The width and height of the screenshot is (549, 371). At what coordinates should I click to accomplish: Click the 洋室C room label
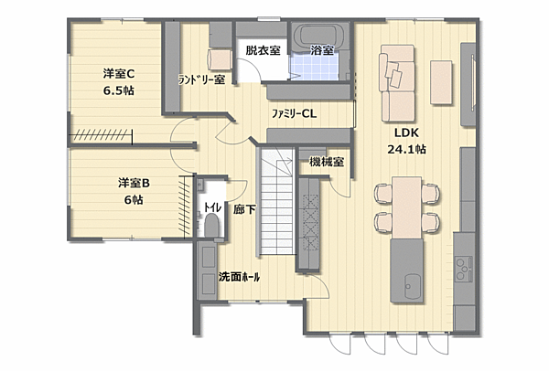pyautogui.click(x=118, y=74)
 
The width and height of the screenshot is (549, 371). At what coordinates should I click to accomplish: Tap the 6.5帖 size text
pyautogui.click(x=118, y=90)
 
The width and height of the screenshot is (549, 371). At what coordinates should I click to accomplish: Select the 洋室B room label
pyautogui.click(x=133, y=183)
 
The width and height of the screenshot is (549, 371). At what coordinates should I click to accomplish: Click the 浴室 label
pyautogui.click(x=321, y=50)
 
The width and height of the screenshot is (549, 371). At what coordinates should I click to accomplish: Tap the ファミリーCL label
pyautogui.click(x=294, y=113)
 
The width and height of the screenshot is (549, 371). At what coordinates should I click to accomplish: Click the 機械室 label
pyautogui.click(x=327, y=163)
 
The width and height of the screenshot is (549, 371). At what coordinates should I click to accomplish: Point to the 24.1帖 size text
pyautogui.click(x=406, y=150)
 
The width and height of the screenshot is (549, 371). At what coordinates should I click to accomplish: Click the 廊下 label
pyautogui.click(x=244, y=209)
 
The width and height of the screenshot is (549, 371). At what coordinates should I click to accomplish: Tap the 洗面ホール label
pyautogui.click(x=239, y=276)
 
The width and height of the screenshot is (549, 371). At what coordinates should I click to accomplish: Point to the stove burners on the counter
pyautogui.click(x=465, y=269)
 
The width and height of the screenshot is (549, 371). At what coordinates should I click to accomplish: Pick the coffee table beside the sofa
pyautogui.click(x=443, y=72)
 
